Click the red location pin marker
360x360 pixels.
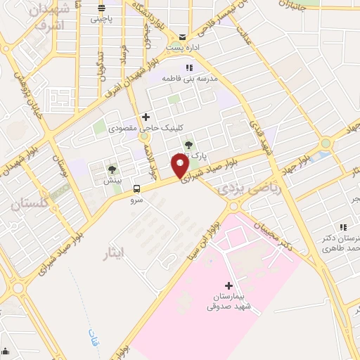179,166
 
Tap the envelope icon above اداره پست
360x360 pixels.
182,37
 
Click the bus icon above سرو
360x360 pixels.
136,188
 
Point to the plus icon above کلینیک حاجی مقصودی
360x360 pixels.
146,117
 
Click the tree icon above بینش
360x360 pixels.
111,169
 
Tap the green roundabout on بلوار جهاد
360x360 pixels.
324,145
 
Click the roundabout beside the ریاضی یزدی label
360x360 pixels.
233,206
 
